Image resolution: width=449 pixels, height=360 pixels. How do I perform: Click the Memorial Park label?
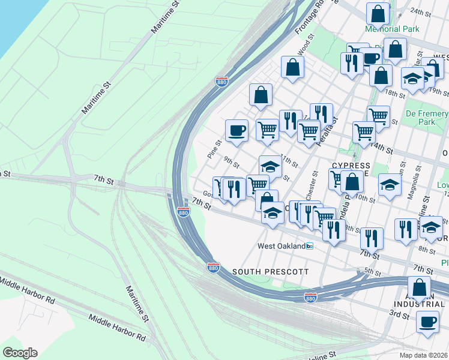pyautogui.click(x=391, y=29)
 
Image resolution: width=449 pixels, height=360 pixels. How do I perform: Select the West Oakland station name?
pyautogui.click(x=281, y=246)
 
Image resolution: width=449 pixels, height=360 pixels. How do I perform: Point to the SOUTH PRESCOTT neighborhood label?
pyautogui.click(x=270, y=272)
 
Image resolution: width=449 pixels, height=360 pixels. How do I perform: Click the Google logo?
pyautogui.click(x=20, y=353)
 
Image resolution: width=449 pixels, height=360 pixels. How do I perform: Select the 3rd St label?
pyautogui.click(x=398, y=313)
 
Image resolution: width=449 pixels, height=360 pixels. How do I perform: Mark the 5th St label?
pyautogui.click(x=373, y=272)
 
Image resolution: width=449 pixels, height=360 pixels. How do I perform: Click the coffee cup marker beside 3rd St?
pyautogui.click(x=427, y=322)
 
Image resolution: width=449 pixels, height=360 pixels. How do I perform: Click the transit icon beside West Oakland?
pyautogui.click(x=310, y=246)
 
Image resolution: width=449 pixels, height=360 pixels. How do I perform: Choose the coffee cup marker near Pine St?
pyautogui.click(x=237, y=130)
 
